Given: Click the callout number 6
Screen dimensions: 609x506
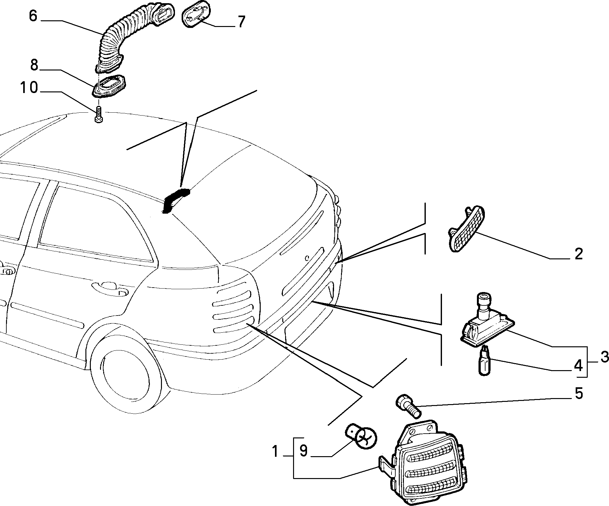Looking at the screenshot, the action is pos(33,16).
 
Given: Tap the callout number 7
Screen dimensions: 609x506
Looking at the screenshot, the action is pos(241,22).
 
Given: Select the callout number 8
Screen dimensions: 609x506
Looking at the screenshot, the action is pos(34,65).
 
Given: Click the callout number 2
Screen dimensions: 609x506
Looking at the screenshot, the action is pos(579,254).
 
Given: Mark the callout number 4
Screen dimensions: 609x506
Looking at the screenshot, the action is pos(579,366).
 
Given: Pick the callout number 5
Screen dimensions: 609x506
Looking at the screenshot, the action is pos(579,394).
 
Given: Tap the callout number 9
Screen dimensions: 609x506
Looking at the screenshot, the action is pos(304,451).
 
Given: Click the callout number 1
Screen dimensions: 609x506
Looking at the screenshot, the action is pos(275,451).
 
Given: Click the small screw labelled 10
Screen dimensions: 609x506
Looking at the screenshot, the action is pos(99,114).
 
